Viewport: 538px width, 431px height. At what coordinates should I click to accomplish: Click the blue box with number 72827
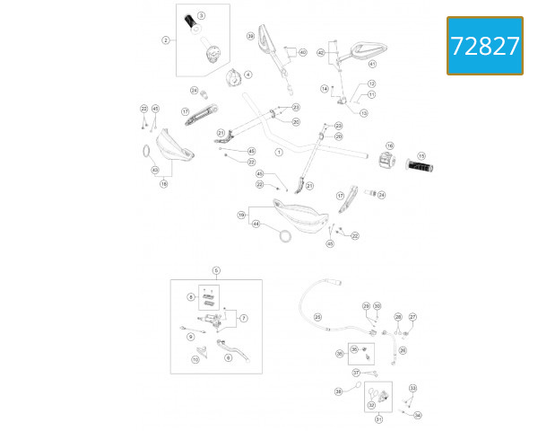point(484,46)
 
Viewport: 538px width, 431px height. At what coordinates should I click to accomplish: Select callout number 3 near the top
point(201,16)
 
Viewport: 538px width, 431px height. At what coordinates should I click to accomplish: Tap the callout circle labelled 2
point(166,40)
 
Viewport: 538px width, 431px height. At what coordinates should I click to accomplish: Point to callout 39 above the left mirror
point(251,36)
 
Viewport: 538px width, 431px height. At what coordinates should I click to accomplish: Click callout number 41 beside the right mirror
point(372,65)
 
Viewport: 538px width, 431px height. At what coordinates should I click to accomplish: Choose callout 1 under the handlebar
point(279,153)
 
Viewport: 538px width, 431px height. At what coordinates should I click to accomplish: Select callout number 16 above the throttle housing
point(390,145)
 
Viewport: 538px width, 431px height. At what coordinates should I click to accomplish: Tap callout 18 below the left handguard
point(164,184)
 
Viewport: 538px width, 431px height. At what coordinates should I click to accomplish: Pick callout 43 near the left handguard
point(155,170)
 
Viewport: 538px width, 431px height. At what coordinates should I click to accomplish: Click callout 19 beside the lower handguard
point(241,215)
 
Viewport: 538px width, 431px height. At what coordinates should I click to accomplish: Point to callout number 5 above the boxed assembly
point(216,270)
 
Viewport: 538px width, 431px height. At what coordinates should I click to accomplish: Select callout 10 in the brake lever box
point(195,360)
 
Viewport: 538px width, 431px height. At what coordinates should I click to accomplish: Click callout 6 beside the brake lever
point(228,357)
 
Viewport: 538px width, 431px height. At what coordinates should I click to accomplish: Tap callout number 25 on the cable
point(317,316)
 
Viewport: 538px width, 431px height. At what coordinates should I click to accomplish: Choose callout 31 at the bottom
point(377,419)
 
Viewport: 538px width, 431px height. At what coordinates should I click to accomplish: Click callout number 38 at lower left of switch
point(339,391)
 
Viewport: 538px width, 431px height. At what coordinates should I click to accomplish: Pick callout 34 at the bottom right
point(417,415)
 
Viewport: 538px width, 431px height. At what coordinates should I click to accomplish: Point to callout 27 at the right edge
point(412,317)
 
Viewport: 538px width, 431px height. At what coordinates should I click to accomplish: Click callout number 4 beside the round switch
point(248,75)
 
